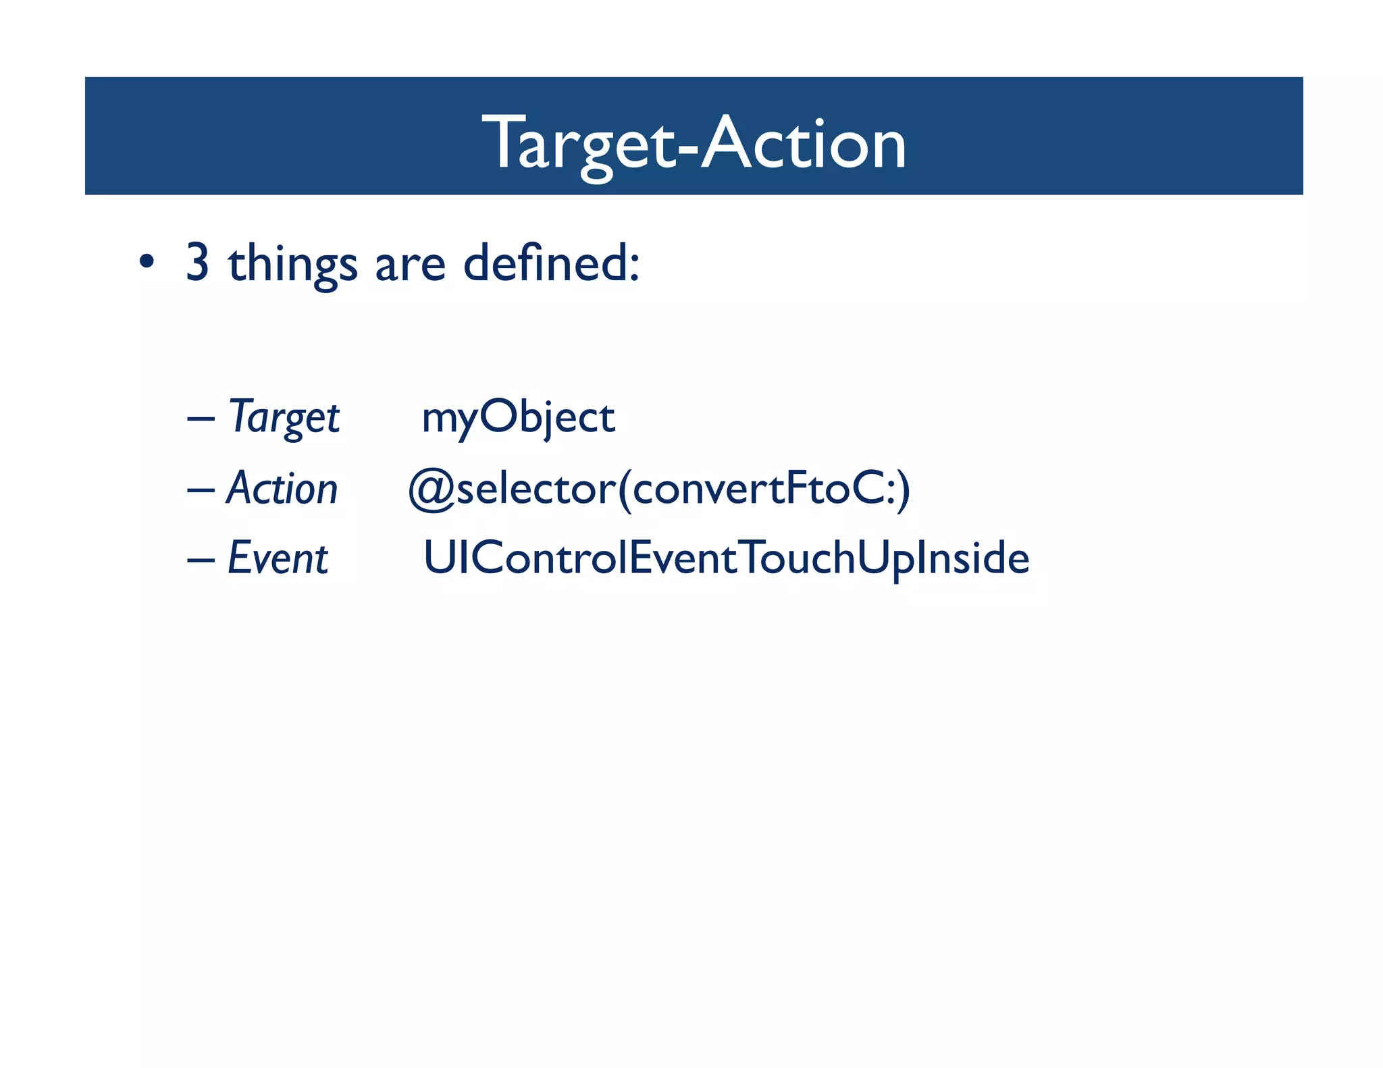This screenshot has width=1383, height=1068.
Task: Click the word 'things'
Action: coord(292,265)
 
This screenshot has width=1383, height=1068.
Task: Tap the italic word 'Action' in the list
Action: coord(282,488)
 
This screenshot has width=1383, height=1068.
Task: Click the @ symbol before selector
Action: coord(431,489)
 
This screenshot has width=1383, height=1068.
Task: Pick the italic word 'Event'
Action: coord(278,558)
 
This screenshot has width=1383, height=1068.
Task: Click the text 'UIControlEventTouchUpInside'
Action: coord(726,558)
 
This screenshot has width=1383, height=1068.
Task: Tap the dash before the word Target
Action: coord(201,419)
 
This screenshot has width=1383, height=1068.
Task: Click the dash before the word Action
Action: coord(201,489)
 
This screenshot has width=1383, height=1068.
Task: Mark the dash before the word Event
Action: coord(201,560)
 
